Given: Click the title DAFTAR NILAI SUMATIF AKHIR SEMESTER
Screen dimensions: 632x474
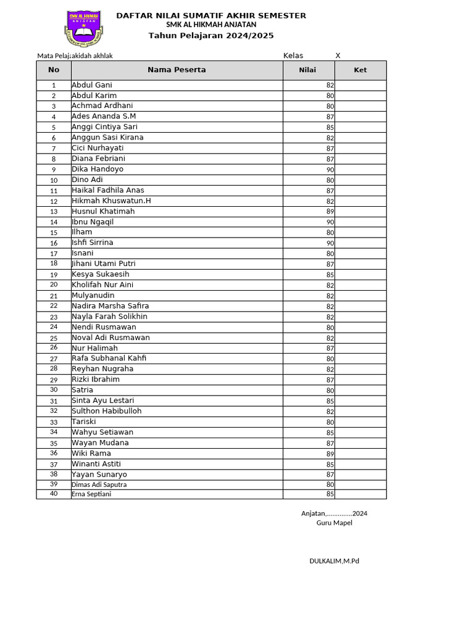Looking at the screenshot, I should point(211,15).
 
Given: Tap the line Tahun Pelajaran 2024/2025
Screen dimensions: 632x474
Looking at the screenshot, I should point(211,36).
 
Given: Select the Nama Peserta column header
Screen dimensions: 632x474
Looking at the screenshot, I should point(177,70).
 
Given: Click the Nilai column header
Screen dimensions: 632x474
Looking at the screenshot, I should point(307,70).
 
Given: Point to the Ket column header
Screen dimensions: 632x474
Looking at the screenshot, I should point(360,70).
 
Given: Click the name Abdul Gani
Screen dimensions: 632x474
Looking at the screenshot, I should point(92,85).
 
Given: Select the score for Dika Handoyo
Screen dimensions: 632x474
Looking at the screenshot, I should point(330,170).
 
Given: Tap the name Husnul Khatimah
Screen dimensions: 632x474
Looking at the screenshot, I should point(103,212).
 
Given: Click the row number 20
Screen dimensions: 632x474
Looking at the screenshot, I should point(54,285).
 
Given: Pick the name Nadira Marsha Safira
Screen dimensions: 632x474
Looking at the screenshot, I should point(110,306).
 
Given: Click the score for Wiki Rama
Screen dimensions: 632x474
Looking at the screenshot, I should point(330,454).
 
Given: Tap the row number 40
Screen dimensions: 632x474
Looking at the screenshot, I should point(54,494).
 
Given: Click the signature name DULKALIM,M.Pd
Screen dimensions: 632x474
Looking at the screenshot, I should point(334,561).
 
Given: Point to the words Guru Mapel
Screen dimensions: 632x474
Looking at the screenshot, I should point(335,523).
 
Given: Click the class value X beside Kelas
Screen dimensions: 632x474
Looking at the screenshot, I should point(338,56).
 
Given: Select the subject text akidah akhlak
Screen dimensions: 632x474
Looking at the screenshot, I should point(93,56).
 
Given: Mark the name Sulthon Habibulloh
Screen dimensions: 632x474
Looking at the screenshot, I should point(107,411).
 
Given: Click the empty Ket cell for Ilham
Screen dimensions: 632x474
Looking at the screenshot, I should point(360,233).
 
